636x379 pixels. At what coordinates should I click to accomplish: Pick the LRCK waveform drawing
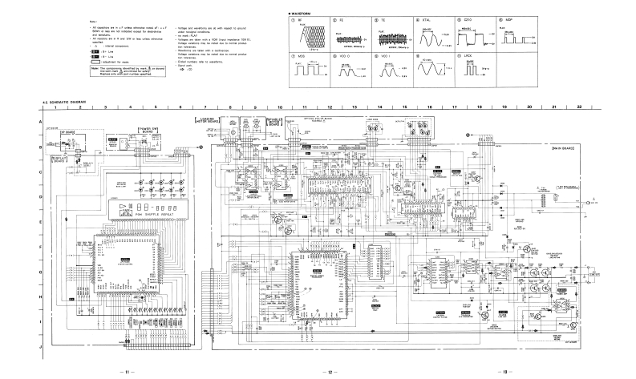click(474, 71)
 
